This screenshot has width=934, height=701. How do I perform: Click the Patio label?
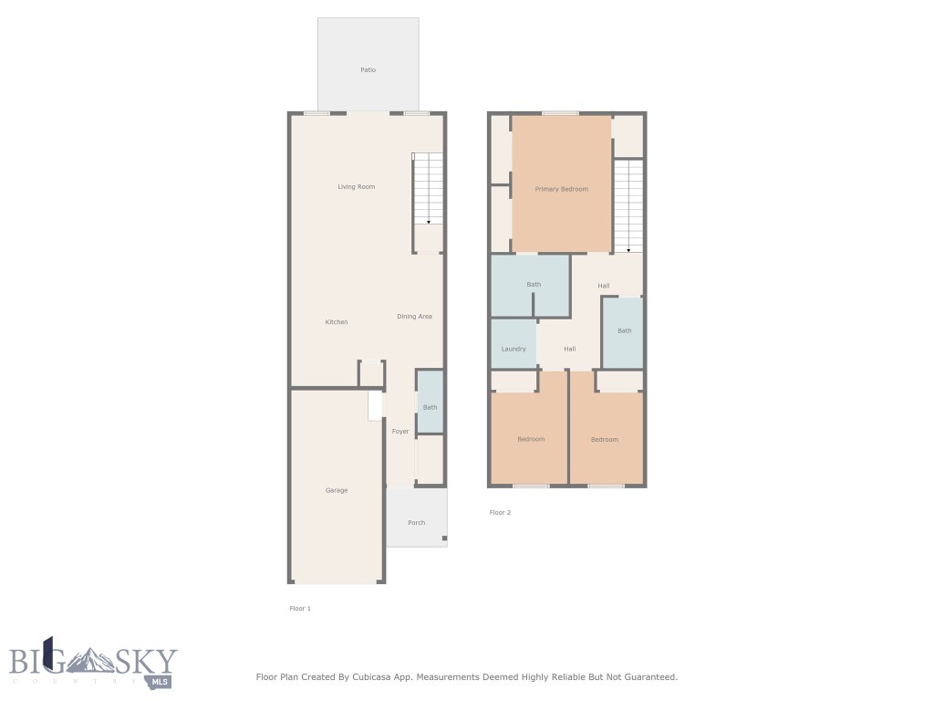point(368,70)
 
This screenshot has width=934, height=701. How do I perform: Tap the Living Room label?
point(356,187)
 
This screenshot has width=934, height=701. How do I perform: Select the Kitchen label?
point(337,322)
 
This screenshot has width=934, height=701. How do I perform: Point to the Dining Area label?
point(414,317)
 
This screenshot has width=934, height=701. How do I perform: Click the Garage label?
point(337,491)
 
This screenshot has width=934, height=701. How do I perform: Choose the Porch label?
point(416,523)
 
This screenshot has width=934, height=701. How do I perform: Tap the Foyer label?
point(400,432)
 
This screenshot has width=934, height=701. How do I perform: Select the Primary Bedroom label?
point(561,189)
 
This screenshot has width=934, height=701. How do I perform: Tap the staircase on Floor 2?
point(628,205)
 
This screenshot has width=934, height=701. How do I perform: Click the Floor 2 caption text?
point(500,513)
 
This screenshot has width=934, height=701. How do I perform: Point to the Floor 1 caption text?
point(300,608)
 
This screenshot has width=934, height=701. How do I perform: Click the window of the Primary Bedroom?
point(560,113)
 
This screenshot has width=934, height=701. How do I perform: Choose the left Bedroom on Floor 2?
point(530,439)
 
